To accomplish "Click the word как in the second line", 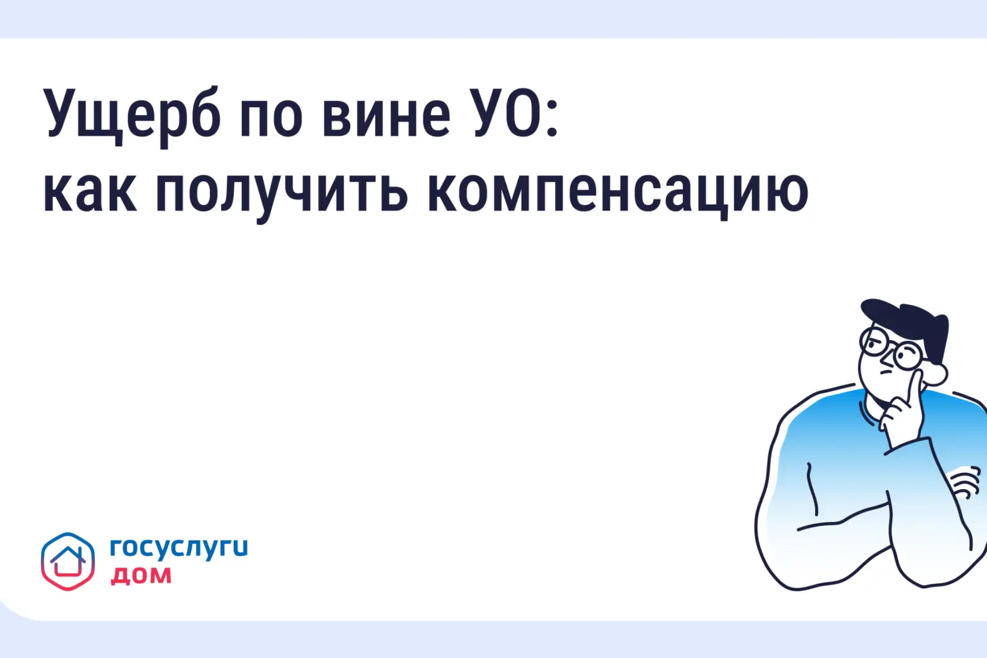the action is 90,192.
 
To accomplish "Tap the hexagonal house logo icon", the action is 68,561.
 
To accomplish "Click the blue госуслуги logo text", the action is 179,548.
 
